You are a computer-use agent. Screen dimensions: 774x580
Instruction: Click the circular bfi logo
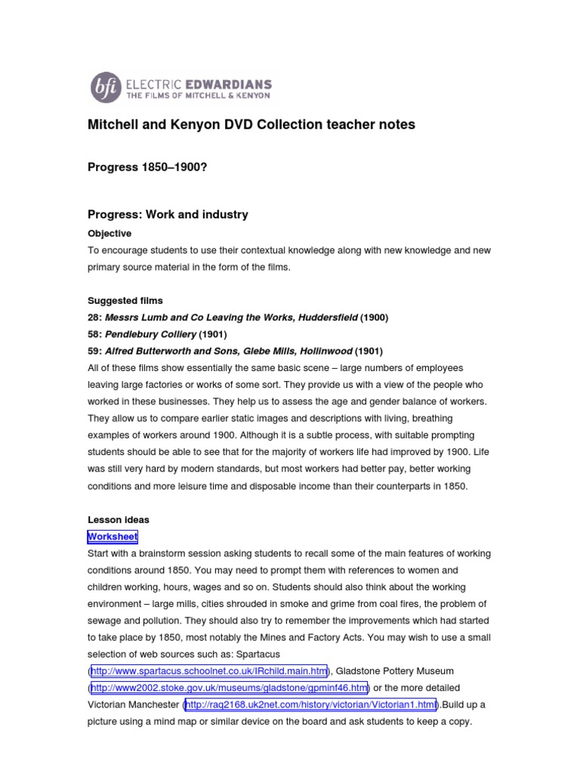tap(104, 87)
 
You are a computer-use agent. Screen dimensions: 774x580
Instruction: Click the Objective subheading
tap(110, 234)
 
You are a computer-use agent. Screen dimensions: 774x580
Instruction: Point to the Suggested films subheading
tap(125, 301)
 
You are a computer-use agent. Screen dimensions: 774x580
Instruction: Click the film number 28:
tap(95, 317)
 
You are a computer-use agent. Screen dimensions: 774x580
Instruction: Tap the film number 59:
tap(95, 351)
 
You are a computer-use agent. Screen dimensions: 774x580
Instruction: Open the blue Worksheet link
tap(113, 537)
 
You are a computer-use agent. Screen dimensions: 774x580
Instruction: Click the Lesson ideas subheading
tap(119, 520)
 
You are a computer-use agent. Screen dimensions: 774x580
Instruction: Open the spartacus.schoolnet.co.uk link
tap(209, 670)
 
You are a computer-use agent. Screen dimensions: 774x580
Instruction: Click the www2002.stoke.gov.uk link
tap(230, 687)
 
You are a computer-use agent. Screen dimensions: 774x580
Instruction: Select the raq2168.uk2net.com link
tap(310, 704)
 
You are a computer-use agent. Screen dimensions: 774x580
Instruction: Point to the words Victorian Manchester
tap(134, 704)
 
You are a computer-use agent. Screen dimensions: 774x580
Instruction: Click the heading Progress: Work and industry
tap(168, 215)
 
